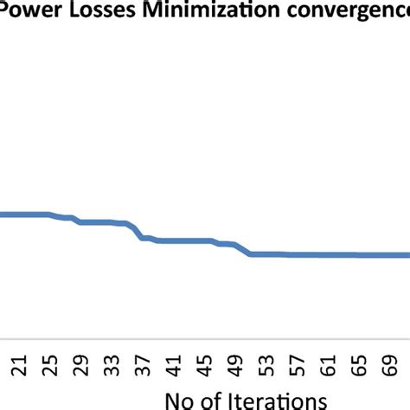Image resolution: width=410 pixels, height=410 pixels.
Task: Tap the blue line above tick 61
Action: [325, 255]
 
